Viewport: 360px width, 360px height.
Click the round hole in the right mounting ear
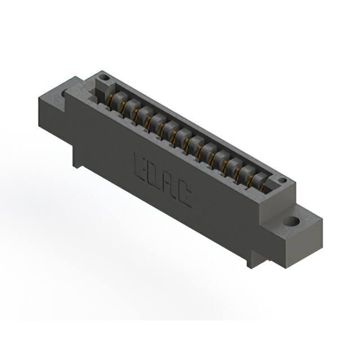click(291, 222)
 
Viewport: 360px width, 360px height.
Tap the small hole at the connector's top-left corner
click(105, 78)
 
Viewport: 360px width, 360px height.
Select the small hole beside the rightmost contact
click(282, 180)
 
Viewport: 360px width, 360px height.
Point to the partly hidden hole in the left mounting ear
click(64, 94)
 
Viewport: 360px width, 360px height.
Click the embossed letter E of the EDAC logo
click(140, 168)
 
